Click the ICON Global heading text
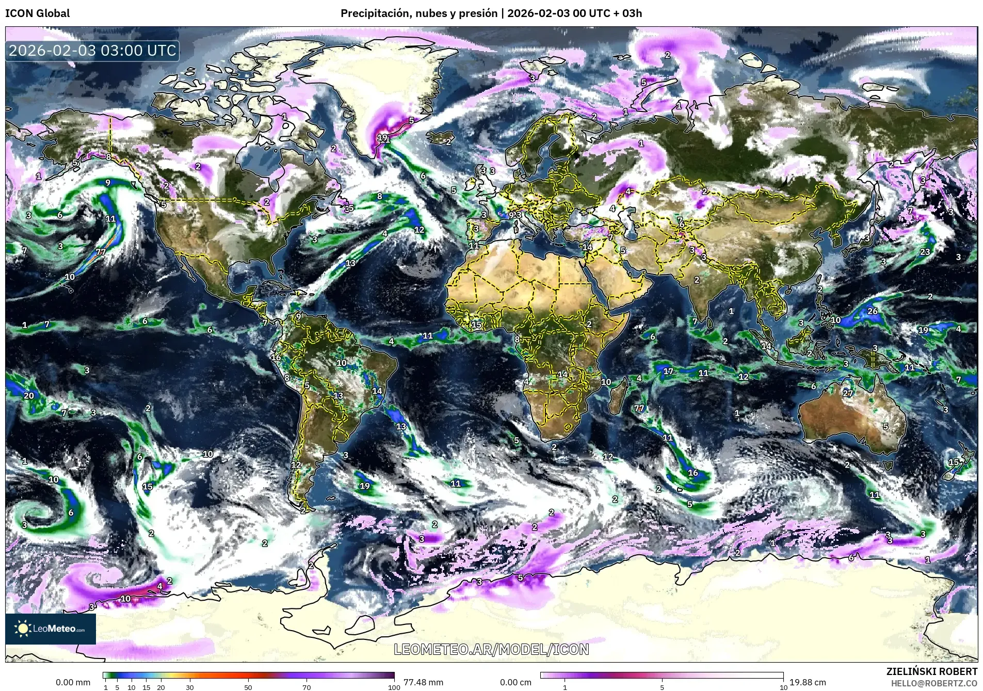[x=37, y=13]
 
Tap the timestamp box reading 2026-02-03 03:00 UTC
[x=92, y=51]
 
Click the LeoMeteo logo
[x=51, y=629]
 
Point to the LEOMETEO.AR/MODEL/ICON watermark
[x=491, y=649]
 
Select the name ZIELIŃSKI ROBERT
[x=931, y=671]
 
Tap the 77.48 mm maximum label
[x=423, y=682]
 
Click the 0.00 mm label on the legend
[x=73, y=682]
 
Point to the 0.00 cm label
[x=515, y=682]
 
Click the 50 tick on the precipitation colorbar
[x=248, y=687]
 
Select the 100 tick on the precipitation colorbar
[x=394, y=687]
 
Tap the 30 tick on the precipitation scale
[x=190, y=687]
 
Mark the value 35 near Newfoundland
[x=349, y=208]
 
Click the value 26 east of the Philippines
[x=873, y=311]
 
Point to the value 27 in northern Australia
[x=848, y=393]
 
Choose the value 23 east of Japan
[x=925, y=252]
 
